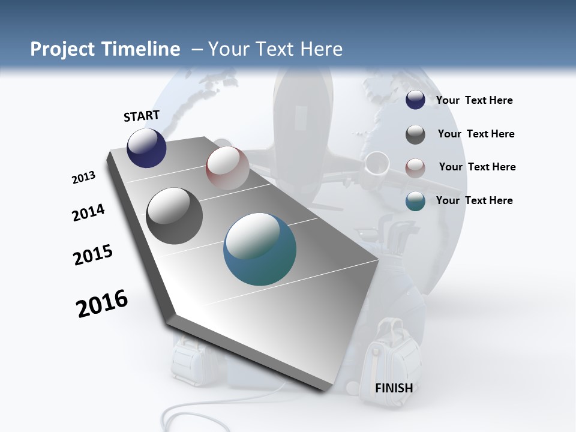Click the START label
click(x=142, y=116)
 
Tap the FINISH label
click(x=394, y=388)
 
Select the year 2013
click(x=83, y=178)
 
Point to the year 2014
click(x=89, y=212)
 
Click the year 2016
click(x=102, y=304)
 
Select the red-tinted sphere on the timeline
click(x=227, y=168)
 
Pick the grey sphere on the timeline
click(x=175, y=216)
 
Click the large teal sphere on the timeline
click(x=260, y=249)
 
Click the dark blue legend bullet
click(x=415, y=100)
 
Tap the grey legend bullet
click(x=415, y=134)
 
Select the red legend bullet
click(x=415, y=167)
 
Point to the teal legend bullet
click(x=415, y=201)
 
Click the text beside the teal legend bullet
click(x=474, y=200)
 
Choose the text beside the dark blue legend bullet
click(x=474, y=100)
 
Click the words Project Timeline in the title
click(x=105, y=49)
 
